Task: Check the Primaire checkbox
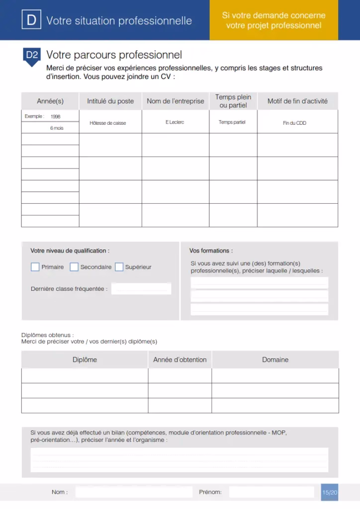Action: click(x=35, y=267)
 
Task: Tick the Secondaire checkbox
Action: click(x=74, y=267)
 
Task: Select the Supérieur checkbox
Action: click(x=119, y=267)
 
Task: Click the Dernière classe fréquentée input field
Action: click(x=141, y=289)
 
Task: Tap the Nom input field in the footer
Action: click(x=134, y=492)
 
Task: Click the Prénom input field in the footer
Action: click(x=271, y=492)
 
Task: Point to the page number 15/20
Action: click(x=330, y=493)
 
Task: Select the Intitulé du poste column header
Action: click(x=110, y=101)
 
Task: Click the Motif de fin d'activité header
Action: click(x=297, y=101)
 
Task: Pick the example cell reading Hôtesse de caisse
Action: click(x=108, y=123)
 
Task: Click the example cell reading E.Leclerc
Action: click(x=175, y=122)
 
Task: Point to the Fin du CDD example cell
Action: click(x=294, y=123)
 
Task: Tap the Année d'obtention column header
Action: click(x=180, y=359)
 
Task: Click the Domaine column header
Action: click(x=275, y=359)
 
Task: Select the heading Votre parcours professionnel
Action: click(x=114, y=55)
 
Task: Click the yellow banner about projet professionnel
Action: click(x=273, y=20)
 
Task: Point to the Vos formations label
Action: click(x=211, y=251)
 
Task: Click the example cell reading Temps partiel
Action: click(x=232, y=122)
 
